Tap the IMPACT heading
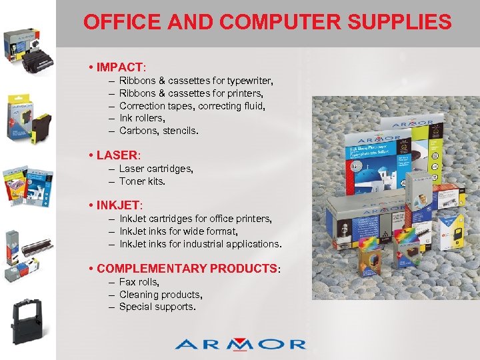tap(119, 67)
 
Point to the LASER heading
tap(117, 155)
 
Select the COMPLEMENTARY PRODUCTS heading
tap(186, 268)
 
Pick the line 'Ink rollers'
tap(142, 118)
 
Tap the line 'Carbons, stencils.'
tap(159, 131)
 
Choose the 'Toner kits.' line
tap(142, 181)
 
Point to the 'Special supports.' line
tap(157, 307)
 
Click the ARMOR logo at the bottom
tap(240, 344)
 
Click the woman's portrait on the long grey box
tap(344, 233)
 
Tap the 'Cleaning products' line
tap(161, 295)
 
